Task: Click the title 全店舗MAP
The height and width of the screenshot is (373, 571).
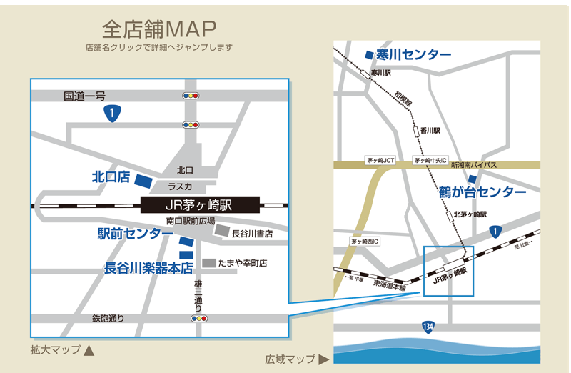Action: click(x=158, y=29)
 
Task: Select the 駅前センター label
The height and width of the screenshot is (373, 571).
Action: click(x=135, y=234)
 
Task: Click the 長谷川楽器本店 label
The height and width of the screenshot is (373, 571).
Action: click(x=148, y=269)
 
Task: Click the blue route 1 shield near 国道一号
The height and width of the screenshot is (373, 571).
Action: click(x=112, y=112)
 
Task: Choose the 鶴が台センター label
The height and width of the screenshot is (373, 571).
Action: click(x=482, y=192)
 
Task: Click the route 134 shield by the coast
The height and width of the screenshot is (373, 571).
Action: click(x=428, y=327)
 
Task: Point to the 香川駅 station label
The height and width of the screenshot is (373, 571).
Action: click(x=430, y=131)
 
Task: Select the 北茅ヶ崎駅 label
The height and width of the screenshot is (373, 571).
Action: click(x=470, y=214)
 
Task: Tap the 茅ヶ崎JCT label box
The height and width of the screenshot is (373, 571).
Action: click(x=380, y=161)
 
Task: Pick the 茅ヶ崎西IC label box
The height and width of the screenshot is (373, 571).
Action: click(x=365, y=242)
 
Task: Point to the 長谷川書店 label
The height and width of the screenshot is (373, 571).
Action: click(x=252, y=234)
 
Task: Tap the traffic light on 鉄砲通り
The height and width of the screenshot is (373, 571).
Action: click(x=198, y=318)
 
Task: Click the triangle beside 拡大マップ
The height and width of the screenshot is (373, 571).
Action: click(x=89, y=351)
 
